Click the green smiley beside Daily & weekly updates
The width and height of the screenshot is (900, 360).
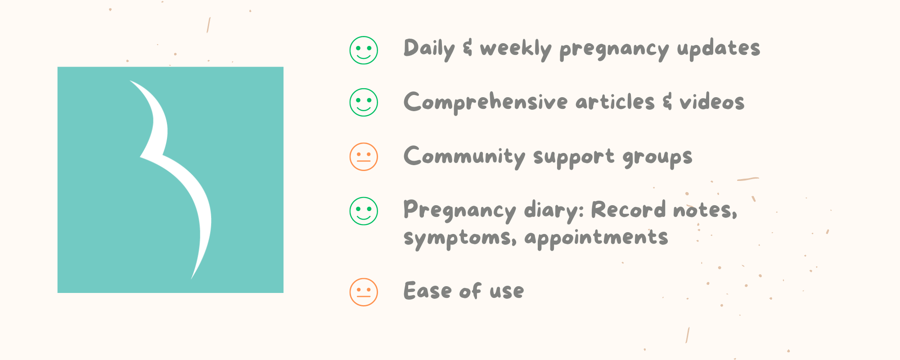pyautogui.click(x=364, y=50)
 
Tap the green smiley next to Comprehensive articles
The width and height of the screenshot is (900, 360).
pyautogui.click(x=364, y=102)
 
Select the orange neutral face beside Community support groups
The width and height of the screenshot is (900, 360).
pyautogui.click(x=364, y=157)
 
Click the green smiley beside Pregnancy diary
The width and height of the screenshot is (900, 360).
pyautogui.click(x=364, y=211)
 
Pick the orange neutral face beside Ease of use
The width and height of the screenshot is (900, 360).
pyautogui.click(x=364, y=292)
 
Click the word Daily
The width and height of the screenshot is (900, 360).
pyautogui.click(x=429, y=49)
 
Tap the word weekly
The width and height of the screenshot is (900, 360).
pyautogui.click(x=516, y=49)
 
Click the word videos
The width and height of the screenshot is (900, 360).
pyautogui.click(x=712, y=102)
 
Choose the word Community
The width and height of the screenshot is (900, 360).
pyautogui.click(x=464, y=157)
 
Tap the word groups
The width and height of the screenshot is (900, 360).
pyautogui.click(x=657, y=157)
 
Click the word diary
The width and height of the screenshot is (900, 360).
pyautogui.click(x=553, y=211)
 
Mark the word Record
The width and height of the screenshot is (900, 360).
pyautogui.click(x=628, y=210)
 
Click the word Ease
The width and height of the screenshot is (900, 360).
pyautogui.click(x=427, y=291)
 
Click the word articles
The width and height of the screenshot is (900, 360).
pyautogui.click(x=615, y=102)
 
